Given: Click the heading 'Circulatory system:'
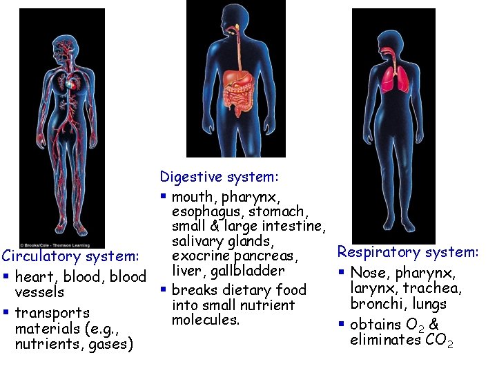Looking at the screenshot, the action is point(72,257).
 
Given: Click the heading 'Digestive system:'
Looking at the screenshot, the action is point(219,178).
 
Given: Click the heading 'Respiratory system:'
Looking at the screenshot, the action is point(407,253).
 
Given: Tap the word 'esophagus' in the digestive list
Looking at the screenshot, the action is point(210,211).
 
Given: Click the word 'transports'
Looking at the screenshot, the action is point(52,313).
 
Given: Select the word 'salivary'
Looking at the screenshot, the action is point(202,241).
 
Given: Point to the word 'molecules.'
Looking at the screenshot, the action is point(206,320).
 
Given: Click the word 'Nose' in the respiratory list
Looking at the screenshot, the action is point(369,273).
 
